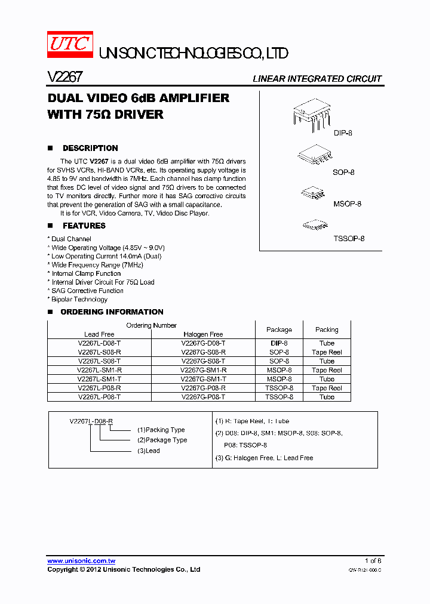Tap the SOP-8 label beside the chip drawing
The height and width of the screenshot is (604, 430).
point(343,172)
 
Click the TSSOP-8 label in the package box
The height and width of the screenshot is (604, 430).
point(349,239)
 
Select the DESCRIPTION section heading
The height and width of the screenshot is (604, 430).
point(90,148)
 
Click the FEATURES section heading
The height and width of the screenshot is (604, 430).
point(84,226)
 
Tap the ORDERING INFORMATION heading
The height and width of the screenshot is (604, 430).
point(112,312)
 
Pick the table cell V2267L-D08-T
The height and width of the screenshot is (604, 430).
point(99,343)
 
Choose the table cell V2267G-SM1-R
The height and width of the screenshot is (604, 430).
point(203,370)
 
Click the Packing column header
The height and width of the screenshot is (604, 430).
point(327,329)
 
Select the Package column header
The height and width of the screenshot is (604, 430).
point(279,329)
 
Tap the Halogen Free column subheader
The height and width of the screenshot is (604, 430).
point(203,334)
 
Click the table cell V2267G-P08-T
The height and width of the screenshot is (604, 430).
point(203,397)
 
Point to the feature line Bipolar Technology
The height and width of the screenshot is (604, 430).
point(79,300)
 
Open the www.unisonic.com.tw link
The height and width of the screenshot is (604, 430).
point(81,561)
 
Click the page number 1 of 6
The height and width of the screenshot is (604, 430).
point(373,561)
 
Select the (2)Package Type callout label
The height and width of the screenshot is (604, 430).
point(162,440)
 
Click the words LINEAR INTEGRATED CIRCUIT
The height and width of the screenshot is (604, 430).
point(317,79)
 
